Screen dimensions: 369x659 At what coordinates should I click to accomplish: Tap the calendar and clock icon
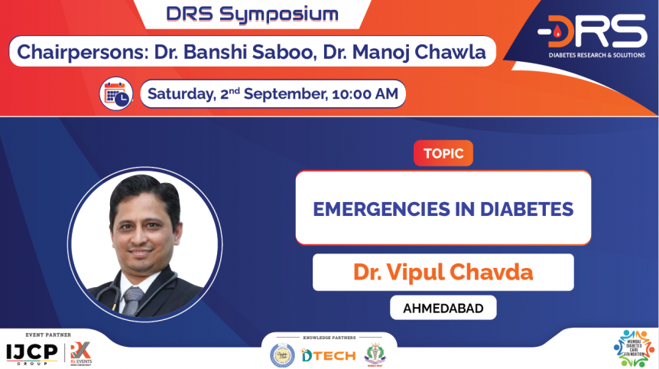pyautogui.click(x=116, y=93)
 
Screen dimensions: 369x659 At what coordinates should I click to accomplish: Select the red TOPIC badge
pyautogui.click(x=443, y=153)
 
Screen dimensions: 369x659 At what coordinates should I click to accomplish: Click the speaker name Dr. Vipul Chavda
pyautogui.click(x=443, y=272)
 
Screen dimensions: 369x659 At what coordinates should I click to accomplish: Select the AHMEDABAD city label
pyautogui.click(x=443, y=308)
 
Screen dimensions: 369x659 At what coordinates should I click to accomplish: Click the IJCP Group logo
pyautogui.click(x=33, y=352)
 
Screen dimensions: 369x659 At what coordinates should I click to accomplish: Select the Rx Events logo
pyautogui.click(x=80, y=352)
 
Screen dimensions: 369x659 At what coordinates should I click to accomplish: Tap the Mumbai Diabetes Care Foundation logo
pyautogui.click(x=634, y=348)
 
